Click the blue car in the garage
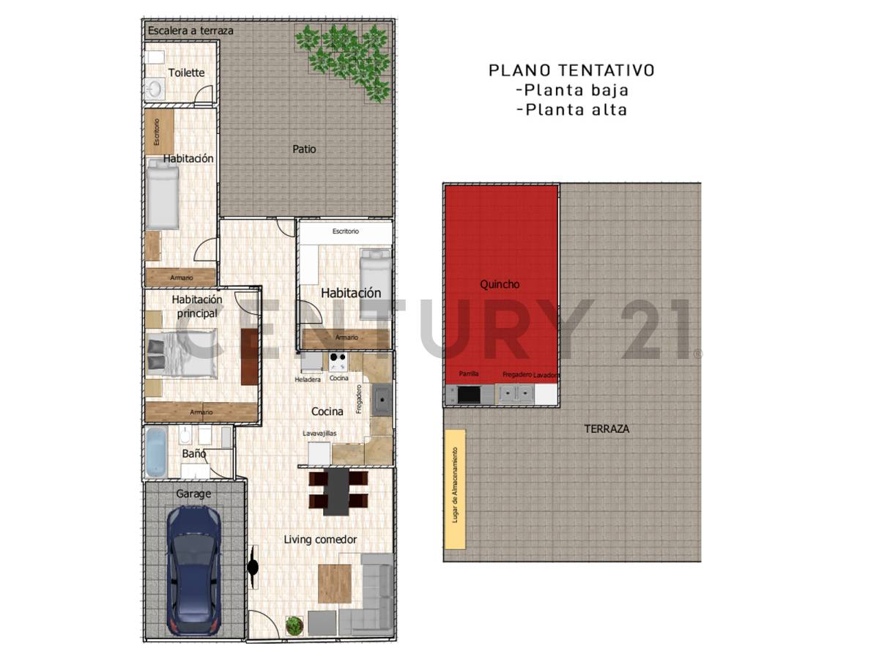193,570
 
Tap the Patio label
304,149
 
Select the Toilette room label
186,72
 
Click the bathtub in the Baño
156,452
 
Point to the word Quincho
500,284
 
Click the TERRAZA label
606,428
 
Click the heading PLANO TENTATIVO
571,70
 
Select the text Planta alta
571,110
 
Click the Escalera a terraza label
190,31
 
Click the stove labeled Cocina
338,362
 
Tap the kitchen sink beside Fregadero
381,400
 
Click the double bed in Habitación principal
182,355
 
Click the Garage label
193,494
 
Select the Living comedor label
320,540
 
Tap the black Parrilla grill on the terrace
468,394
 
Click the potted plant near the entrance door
294,626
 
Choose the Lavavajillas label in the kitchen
320,433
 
